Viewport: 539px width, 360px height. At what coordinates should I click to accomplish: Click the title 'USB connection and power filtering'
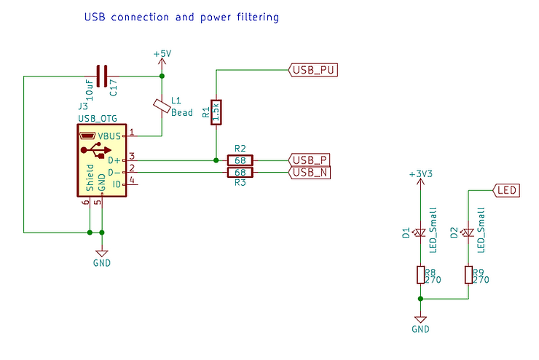pyautogui.click(x=181, y=16)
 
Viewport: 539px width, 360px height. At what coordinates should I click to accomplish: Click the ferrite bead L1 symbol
pyautogui.click(x=162, y=106)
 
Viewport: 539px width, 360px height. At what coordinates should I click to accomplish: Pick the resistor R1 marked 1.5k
pyautogui.click(x=215, y=112)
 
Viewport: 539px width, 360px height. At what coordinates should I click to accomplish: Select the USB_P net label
pyautogui.click(x=310, y=160)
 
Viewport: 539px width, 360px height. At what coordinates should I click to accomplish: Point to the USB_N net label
pyautogui.click(x=310, y=172)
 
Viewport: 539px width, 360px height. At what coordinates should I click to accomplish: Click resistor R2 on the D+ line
pyautogui.click(x=240, y=160)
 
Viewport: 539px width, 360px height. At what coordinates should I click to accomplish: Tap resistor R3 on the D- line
pyautogui.click(x=240, y=172)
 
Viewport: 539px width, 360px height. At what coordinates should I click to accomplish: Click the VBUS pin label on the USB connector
pyautogui.click(x=110, y=136)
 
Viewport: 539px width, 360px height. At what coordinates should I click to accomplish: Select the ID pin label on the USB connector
pyautogui.click(x=114, y=184)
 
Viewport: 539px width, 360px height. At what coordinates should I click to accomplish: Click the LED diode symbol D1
pyautogui.click(x=420, y=233)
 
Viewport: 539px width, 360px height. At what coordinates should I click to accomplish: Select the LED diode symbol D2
pyautogui.click(x=468, y=233)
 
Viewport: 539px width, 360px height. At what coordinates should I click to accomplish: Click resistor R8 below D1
pyautogui.click(x=420, y=275)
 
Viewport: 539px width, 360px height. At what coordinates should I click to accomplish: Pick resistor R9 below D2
pyautogui.click(x=468, y=275)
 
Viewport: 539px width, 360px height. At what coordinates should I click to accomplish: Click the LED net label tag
pyautogui.click(x=507, y=190)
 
